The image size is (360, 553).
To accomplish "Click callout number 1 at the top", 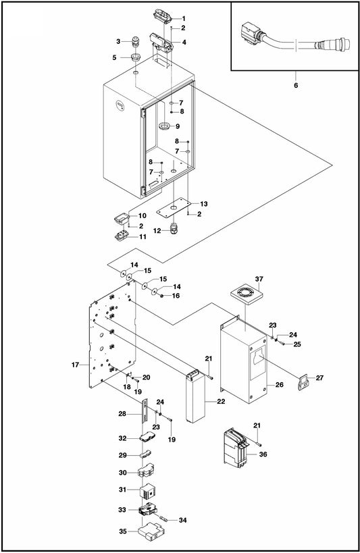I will pos(183,18).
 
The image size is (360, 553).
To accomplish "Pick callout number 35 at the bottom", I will pos(122,532).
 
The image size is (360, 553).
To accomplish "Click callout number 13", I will pos(204,203).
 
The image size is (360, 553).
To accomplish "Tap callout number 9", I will pos(178,126).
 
